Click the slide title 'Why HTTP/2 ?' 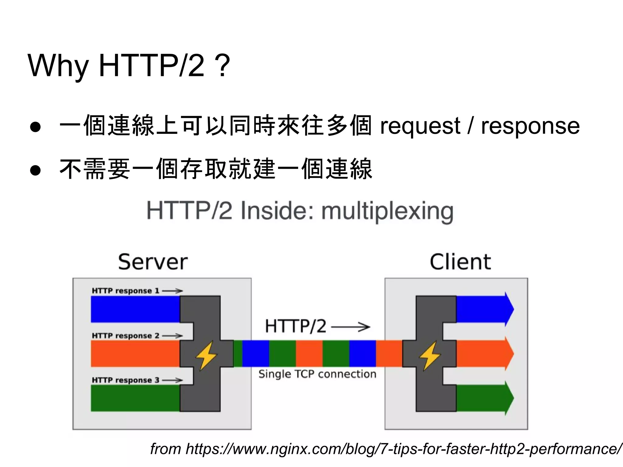point(129,65)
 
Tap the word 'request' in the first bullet point(420,126)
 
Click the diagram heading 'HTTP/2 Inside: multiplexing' point(300,211)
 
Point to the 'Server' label point(153,262)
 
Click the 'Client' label point(460,262)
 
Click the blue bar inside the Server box point(135,309)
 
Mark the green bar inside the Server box point(135,398)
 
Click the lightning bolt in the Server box point(206,355)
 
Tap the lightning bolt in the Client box point(430,355)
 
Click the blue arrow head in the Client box point(509,309)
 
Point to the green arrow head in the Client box point(509,398)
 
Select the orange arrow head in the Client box point(509,354)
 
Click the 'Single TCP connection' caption point(317,374)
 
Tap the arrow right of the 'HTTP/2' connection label point(351,327)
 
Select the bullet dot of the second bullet point(36,170)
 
